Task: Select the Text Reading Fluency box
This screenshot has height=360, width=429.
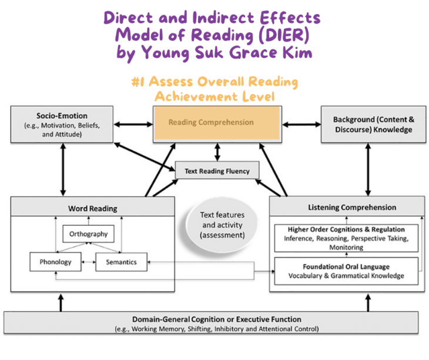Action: (217, 171)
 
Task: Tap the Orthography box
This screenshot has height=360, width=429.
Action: (89, 234)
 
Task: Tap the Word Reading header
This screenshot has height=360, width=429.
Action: (93, 208)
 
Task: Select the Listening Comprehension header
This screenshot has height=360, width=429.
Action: (347, 207)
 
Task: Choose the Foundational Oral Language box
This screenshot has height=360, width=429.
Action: (346, 271)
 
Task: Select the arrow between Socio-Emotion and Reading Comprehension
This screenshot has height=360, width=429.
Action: (133, 124)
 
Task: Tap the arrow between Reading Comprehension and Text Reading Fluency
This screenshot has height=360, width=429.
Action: (217, 152)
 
